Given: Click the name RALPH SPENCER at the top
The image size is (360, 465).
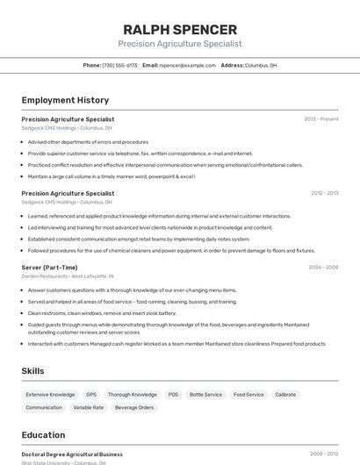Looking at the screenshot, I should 180,30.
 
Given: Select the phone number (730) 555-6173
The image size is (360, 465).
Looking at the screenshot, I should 119,65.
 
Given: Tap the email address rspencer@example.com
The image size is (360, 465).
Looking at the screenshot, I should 186,65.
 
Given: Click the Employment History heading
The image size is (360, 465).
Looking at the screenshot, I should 65,100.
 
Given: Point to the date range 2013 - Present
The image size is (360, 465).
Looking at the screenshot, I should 321,119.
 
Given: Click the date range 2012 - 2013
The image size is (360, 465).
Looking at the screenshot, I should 324,193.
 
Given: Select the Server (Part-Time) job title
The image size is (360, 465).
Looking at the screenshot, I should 49,268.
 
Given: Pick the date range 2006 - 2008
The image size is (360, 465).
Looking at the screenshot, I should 323,268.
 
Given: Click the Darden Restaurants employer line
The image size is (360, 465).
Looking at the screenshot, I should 67,276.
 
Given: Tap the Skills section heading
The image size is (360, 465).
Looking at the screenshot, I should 32,371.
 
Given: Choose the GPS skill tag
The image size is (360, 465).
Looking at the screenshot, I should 91,395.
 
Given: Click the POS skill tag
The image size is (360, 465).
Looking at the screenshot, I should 173,395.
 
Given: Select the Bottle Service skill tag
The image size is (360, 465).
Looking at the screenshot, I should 205,395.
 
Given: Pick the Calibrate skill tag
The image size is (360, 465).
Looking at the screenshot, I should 285,395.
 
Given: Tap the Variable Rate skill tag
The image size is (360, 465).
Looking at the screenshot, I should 88,408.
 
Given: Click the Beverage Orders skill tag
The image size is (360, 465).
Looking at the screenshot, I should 134,408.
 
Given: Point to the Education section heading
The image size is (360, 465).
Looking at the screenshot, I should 43,435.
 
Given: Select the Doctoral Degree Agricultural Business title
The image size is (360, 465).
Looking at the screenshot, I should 72,454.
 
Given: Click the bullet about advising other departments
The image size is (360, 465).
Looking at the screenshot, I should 88,142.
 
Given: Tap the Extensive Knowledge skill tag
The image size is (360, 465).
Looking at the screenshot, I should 50,395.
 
